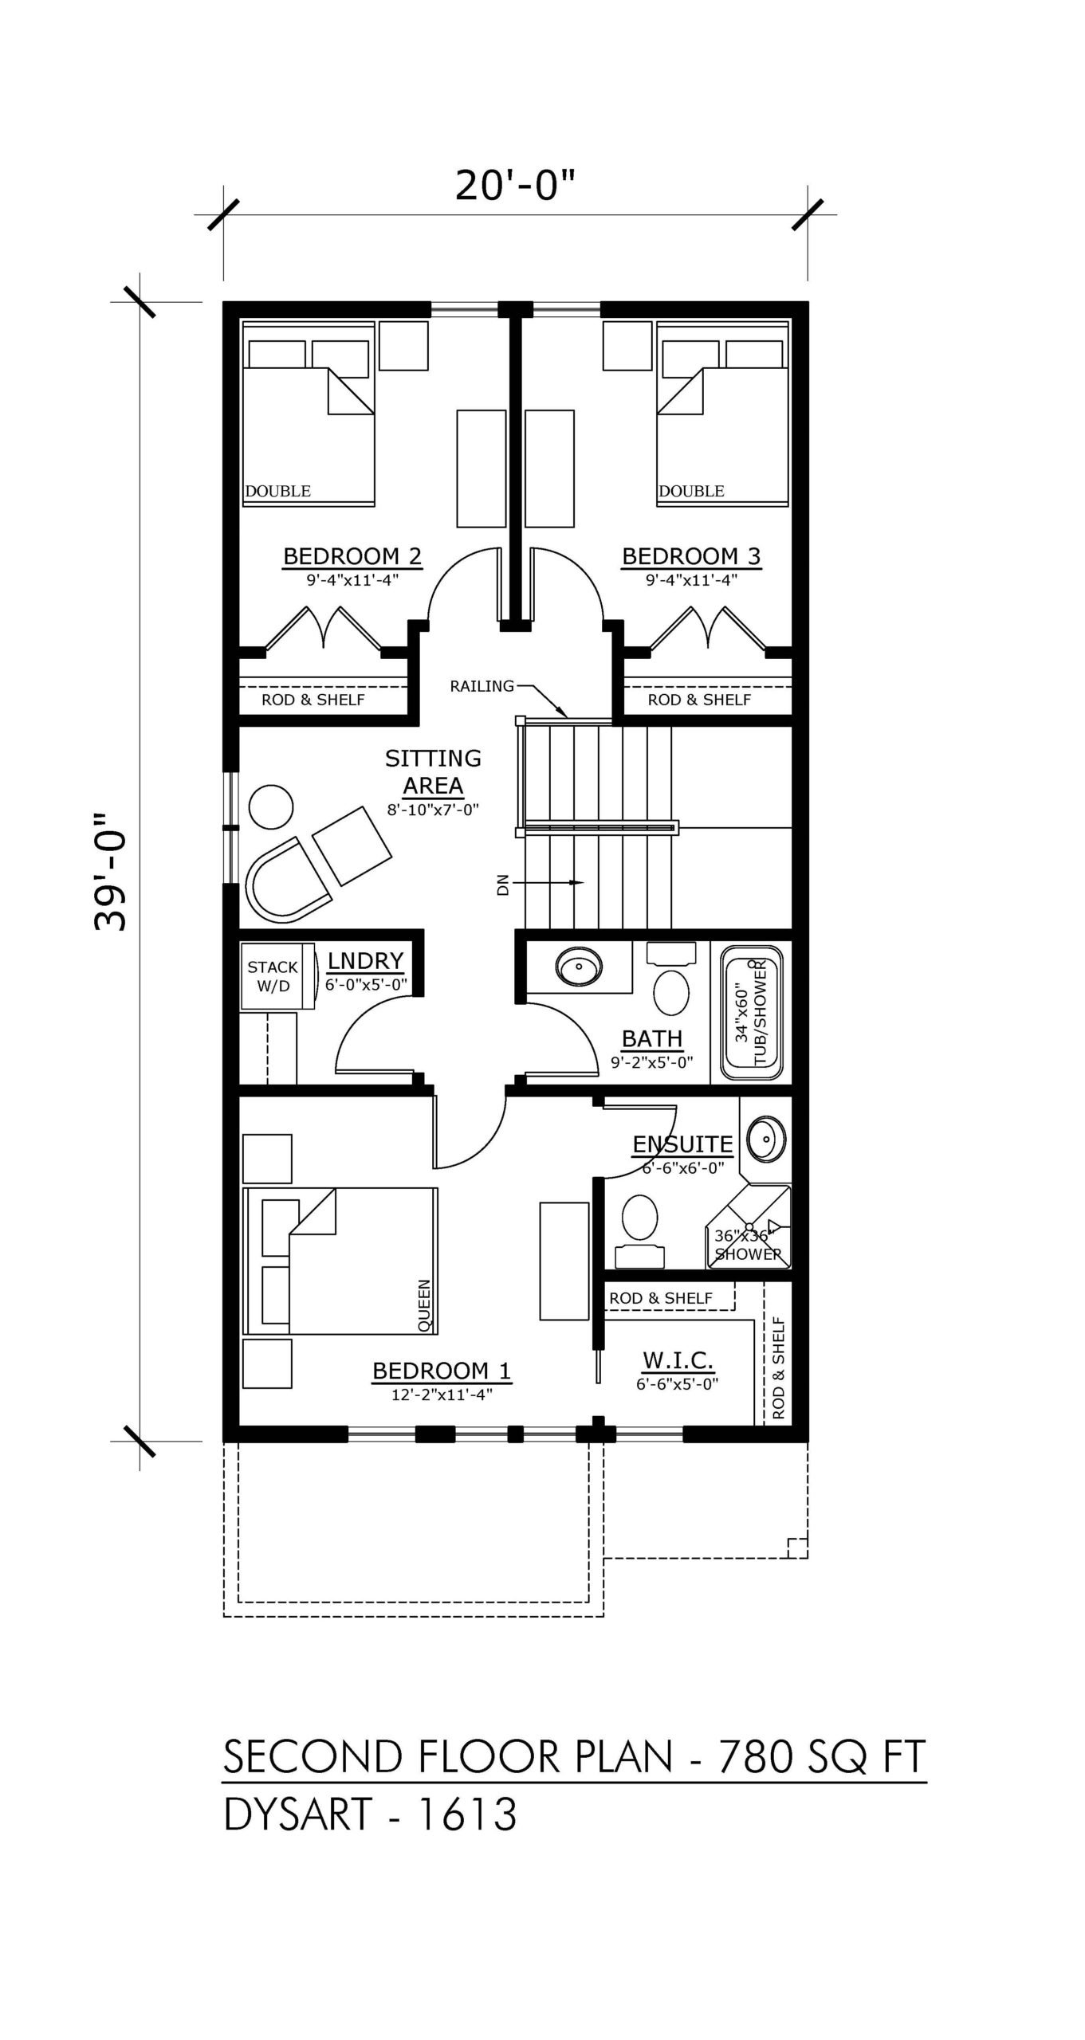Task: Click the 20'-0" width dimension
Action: (514, 186)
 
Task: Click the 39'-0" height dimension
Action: (111, 872)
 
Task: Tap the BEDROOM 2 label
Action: (352, 555)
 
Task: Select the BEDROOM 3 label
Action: (691, 555)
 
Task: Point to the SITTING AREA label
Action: (433, 771)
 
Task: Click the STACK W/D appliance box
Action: (273, 976)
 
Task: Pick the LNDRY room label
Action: (365, 960)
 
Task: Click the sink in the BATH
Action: (580, 967)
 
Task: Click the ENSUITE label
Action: (682, 1144)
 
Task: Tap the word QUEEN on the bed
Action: (424, 1305)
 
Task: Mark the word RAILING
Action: (482, 685)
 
